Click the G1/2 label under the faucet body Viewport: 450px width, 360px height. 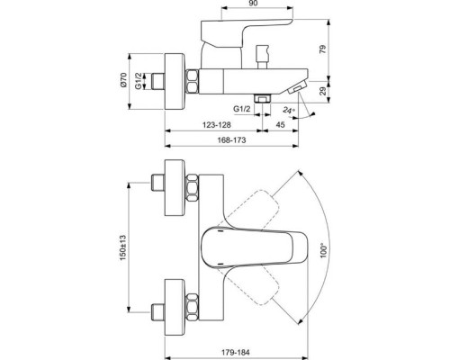pos(240,109)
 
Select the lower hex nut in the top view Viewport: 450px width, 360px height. pos(193,299)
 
